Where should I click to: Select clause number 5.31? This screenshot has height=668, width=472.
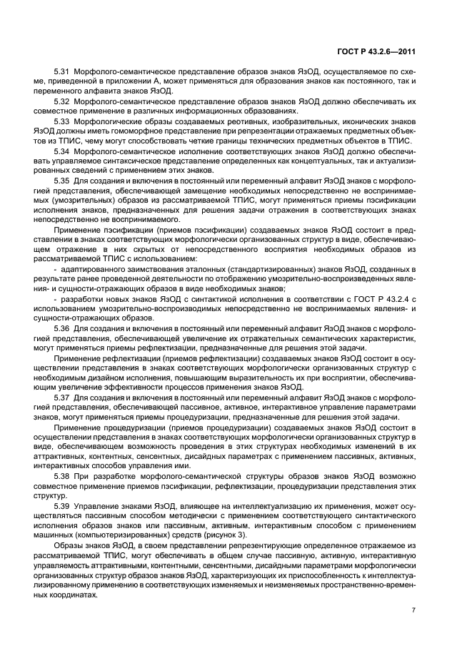(63, 73)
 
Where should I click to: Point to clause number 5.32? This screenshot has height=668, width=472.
(63, 102)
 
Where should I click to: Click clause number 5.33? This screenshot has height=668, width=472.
(63, 122)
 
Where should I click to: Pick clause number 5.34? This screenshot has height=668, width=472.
(63, 151)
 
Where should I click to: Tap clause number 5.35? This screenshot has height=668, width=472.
(63, 181)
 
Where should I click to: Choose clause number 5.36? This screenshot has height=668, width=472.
(63, 327)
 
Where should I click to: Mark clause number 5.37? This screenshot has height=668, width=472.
(63, 395)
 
